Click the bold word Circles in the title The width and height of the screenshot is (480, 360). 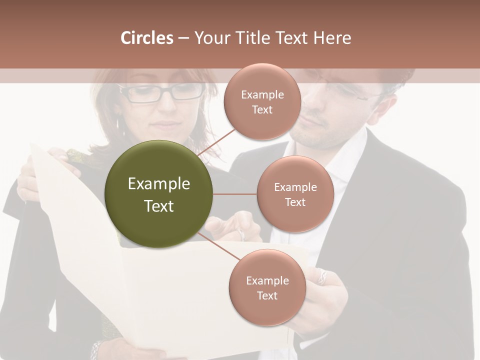pyautogui.click(x=146, y=38)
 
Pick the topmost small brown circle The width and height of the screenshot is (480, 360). pyautogui.click(x=262, y=101)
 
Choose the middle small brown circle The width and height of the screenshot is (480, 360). pyautogui.click(x=295, y=194)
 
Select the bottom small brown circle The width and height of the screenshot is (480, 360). pyautogui.click(x=267, y=287)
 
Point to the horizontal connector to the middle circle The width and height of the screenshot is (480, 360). pyautogui.click(x=235, y=194)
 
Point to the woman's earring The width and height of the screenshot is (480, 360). pyautogui.click(x=119, y=121)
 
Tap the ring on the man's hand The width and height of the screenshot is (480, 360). pyautogui.click(x=322, y=276)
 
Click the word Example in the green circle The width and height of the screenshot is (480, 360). pyautogui.click(x=159, y=184)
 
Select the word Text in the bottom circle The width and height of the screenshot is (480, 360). pyautogui.click(x=267, y=295)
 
